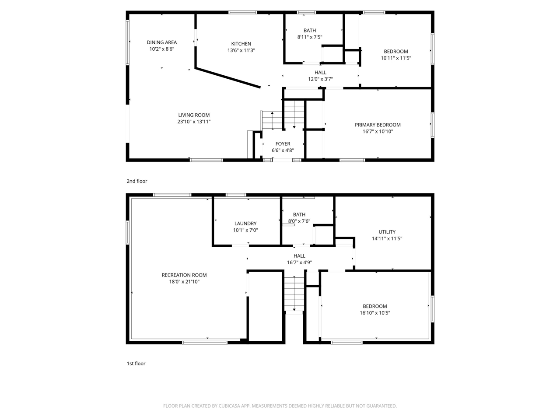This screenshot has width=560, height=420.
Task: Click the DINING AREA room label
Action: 161,42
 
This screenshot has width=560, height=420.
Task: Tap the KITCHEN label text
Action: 241,44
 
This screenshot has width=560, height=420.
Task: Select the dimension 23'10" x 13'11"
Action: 194,122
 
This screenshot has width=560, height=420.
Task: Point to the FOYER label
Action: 283,144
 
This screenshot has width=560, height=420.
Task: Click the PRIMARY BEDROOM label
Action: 378,125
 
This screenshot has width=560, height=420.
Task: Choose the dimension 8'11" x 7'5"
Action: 309,37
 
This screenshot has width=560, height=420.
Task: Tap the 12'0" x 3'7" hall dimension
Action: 320,79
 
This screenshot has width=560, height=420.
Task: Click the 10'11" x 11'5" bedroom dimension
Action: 395,58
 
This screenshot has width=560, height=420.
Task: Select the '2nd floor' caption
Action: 137,181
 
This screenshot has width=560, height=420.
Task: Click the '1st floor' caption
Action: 136,364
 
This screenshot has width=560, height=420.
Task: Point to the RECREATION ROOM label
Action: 184,275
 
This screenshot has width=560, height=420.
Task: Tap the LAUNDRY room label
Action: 245,224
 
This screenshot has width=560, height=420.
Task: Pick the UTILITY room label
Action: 387,232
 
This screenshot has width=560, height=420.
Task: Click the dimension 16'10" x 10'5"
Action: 374,313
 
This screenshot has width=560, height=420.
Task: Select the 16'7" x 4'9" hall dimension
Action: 299,262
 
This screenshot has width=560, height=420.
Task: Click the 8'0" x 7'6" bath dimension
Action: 299,221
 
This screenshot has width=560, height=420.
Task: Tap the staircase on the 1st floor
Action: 294,294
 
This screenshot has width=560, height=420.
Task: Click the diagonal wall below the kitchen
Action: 227,77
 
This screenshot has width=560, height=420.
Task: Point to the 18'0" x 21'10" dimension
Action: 184,282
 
